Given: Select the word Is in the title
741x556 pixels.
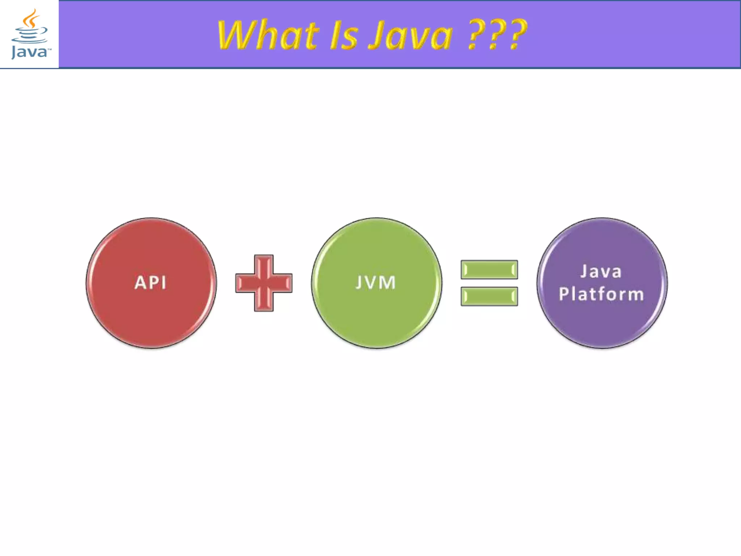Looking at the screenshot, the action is click(x=344, y=35).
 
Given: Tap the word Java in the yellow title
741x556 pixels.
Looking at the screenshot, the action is click(x=411, y=35).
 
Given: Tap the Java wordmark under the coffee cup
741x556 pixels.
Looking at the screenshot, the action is click(x=30, y=52).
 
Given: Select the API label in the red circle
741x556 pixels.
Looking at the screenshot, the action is click(x=151, y=283).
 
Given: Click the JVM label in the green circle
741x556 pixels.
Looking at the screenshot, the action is click(x=376, y=283).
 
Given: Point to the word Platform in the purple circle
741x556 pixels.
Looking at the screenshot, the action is click(x=601, y=294).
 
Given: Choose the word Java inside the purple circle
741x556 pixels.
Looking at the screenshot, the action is click(x=601, y=271).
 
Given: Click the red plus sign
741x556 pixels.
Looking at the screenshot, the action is click(x=264, y=283).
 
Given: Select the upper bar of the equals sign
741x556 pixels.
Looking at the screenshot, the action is click(x=489, y=270).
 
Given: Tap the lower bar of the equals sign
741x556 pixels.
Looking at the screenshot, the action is click(x=489, y=296).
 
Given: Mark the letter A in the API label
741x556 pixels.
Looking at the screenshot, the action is click(x=140, y=283).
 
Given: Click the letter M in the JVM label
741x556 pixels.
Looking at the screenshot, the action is click(x=388, y=283).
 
